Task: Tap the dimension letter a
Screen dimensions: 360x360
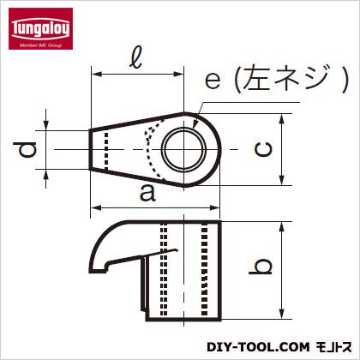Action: coord(147,195)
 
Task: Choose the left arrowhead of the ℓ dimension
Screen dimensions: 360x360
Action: coord(93,75)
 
